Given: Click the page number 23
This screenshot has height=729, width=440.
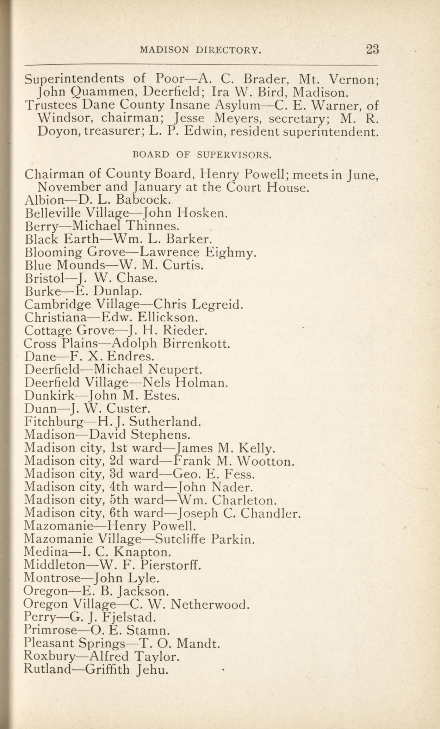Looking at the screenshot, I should pyautogui.click(x=372, y=49).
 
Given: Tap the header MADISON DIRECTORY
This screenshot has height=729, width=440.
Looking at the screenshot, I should pyautogui.click(x=201, y=50).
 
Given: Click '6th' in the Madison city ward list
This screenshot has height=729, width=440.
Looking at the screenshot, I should pyautogui.click(x=119, y=513).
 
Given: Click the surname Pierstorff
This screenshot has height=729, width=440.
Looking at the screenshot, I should pyautogui.click(x=171, y=565).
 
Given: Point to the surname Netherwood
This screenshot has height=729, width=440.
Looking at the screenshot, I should pyautogui.click(x=210, y=605).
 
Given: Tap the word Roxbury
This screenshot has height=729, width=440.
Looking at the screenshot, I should pyautogui.click(x=49, y=656).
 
